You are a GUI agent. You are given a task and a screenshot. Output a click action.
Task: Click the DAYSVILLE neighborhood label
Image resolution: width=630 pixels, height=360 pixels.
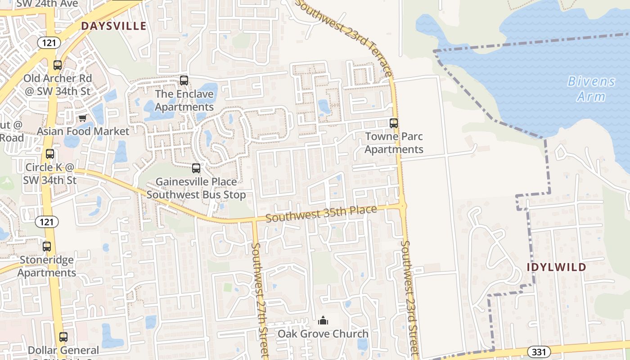(x=113, y=26)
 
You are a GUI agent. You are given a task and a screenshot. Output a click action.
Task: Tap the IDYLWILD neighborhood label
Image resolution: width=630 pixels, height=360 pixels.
(x=557, y=267)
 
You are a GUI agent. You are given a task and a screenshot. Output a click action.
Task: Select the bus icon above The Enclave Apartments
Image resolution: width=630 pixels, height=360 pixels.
(x=184, y=81)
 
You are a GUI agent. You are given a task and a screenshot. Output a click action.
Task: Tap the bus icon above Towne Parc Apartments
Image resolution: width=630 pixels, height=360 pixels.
(x=394, y=123)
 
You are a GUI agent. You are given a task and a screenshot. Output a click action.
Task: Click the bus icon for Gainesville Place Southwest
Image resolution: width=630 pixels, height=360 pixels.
(x=196, y=168)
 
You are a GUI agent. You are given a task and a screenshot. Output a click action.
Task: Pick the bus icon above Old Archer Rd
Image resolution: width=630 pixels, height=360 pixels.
(x=57, y=65)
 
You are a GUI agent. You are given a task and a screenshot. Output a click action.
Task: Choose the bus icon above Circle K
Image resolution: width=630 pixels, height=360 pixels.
(x=50, y=153)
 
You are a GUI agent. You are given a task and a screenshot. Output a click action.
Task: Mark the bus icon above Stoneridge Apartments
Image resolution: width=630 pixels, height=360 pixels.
(x=47, y=246)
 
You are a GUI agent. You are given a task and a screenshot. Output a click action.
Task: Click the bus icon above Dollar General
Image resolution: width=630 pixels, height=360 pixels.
(x=63, y=337)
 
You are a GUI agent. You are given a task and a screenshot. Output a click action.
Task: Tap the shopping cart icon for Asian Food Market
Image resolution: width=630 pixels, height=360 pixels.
(x=82, y=118)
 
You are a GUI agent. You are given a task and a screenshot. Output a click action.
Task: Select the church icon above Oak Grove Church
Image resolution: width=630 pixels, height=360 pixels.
(x=323, y=320)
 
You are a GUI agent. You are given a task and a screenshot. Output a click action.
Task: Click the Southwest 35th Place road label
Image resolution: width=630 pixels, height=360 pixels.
(x=321, y=214)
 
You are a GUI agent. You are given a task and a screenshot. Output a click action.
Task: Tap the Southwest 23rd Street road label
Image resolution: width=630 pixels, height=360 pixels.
(x=410, y=297)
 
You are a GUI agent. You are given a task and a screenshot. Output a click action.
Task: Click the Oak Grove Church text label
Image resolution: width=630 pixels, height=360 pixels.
(x=323, y=334)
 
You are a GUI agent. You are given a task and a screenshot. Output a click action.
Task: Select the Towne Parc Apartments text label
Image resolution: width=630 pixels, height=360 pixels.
(x=394, y=143)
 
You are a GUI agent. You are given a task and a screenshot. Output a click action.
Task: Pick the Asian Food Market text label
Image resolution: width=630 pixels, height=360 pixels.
(x=83, y=131)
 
